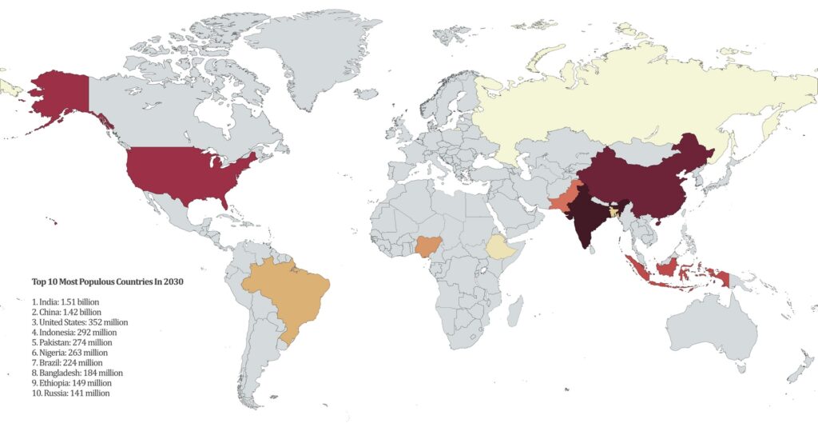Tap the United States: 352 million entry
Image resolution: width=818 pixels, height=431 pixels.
point(80,321)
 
